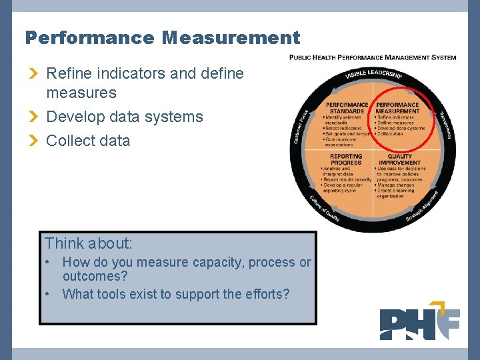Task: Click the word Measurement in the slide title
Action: click(x=231, y=38)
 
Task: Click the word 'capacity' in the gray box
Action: click(x=219, y=263)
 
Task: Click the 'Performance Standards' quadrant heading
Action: click(x=347, y=108)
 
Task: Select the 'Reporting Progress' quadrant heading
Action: click(x=347, y=159)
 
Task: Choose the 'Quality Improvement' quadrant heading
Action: click(x=399, y=159)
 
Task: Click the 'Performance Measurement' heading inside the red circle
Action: click(x=398, y=108)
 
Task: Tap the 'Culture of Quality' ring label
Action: click(x=323, y=207)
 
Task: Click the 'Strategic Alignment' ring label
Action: click(x=422, y=206)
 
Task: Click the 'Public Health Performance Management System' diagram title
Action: click(x=373, y=57)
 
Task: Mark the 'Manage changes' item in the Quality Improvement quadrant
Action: click(x=396, y=185)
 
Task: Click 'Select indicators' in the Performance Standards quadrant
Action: click(x=343, y=128)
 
